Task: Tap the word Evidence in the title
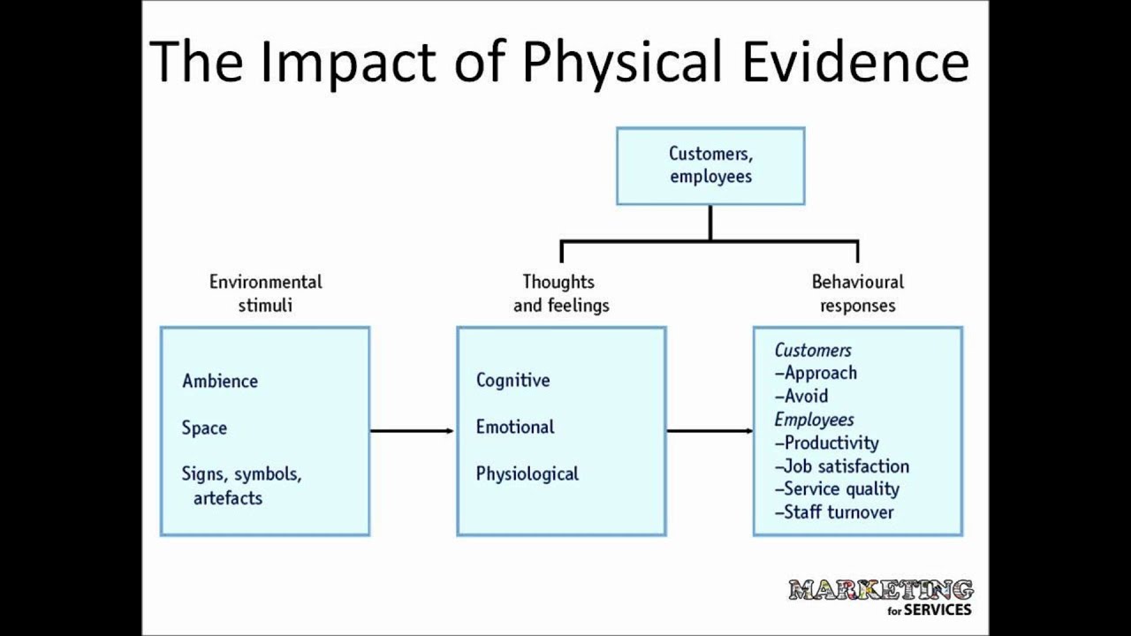(x=855, y=62)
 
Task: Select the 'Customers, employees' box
(x=710, y=166)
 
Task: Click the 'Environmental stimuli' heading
(x=265, y=293)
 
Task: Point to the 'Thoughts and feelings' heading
(x=560, y=293)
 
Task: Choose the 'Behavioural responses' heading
(x=857, y=293)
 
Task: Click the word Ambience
(x=220, y=382)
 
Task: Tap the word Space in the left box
(x=204, y=428)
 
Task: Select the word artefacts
(x=228, y=498)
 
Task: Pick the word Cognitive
(x=512, y=381)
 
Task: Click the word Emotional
(x=515, y=428)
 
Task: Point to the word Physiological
(x=528, y=474)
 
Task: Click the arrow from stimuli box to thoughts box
(x=412, y=431)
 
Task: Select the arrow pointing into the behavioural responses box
(x=709, y=431)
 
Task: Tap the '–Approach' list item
(x=816, y=374)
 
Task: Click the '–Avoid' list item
(x=801, y=397)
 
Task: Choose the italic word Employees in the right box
(x=814, y=420)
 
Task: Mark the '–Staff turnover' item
(x=834, y=512)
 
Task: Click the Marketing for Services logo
(x=880, y=597)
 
